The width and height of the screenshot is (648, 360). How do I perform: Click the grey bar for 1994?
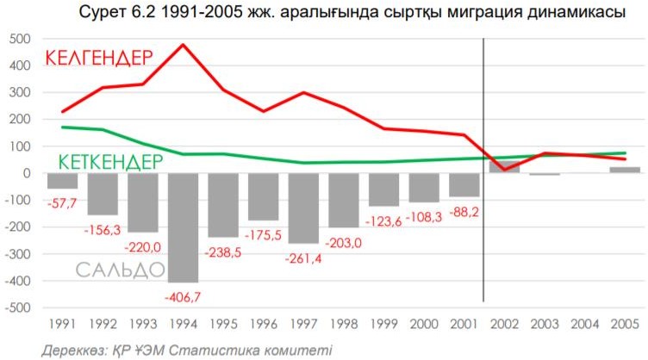(x=184, y=227)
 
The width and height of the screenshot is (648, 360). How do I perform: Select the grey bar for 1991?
(x=62, y=181)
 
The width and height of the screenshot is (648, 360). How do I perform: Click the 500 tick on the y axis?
(x=20, y=40)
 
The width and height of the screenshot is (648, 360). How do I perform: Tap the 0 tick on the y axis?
(x=27, y=174)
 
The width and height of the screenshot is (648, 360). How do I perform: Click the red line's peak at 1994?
(x=184, y=44)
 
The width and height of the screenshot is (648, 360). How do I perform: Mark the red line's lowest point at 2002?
(x=503, y=170)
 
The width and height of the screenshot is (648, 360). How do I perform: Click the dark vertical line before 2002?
(x=483, y=172)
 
